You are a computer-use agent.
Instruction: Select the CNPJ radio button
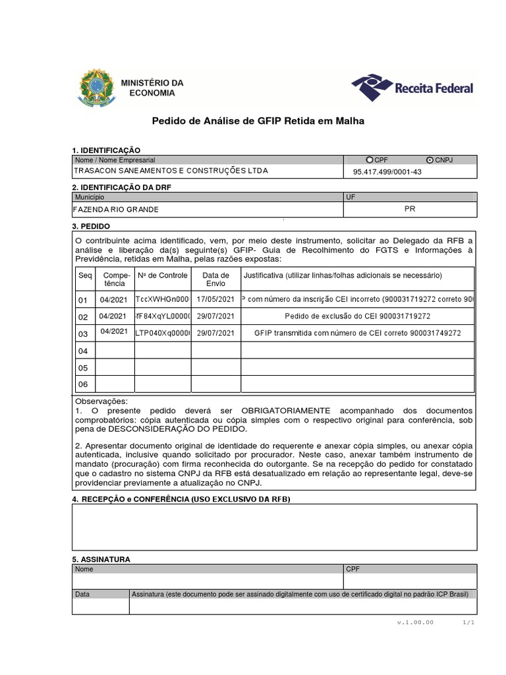point(430,160)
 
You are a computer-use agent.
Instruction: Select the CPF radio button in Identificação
point(370,160)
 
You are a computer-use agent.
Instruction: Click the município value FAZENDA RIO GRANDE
point(117,210)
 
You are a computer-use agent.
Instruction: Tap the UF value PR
point(409,208)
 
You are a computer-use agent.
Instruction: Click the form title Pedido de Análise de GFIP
point(258,121)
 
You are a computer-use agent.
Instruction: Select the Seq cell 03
point(83,334)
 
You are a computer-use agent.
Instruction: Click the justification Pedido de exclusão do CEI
point(357,316)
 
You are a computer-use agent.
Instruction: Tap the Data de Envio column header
point(215,279)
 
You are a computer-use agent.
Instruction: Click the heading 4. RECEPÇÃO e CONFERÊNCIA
point(181,499)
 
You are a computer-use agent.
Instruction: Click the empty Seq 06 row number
point(83,384)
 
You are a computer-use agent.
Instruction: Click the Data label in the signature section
point(82,594)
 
